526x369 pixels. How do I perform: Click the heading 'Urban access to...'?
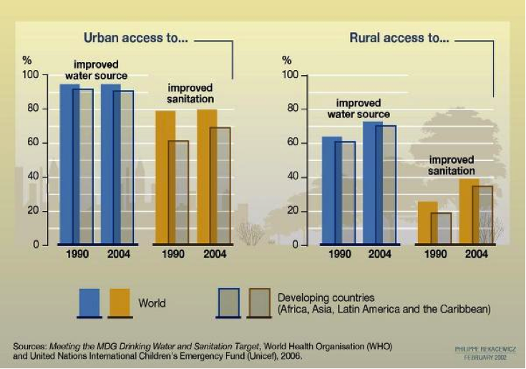coord(135,39)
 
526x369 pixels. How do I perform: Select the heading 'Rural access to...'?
coord(399,39)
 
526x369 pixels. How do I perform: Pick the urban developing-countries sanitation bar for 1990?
coord(179,193)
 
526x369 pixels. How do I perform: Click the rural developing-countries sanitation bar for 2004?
coord(483,215)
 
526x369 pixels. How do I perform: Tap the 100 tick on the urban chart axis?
coord(30,75)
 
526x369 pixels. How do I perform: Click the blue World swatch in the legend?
coord(89,302)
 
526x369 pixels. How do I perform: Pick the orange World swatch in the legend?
coord(120,302)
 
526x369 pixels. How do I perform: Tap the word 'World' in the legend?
coord(152,303)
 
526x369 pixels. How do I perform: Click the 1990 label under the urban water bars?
coord(77,254)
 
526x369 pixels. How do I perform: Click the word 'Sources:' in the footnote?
coord(29,346)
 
